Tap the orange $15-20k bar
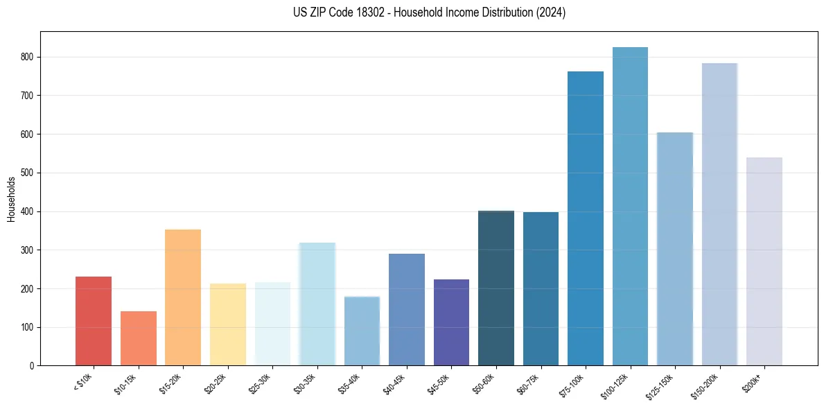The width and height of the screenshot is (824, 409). [183, 297]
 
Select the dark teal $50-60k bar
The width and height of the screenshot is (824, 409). [496, 288]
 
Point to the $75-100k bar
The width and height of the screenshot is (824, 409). [586, 218]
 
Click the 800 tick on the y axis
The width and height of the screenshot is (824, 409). [29, 57]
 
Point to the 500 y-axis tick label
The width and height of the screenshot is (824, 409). [29, 173]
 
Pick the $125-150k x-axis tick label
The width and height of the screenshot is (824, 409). [660, 385]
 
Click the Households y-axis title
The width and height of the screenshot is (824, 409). [11, 199]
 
